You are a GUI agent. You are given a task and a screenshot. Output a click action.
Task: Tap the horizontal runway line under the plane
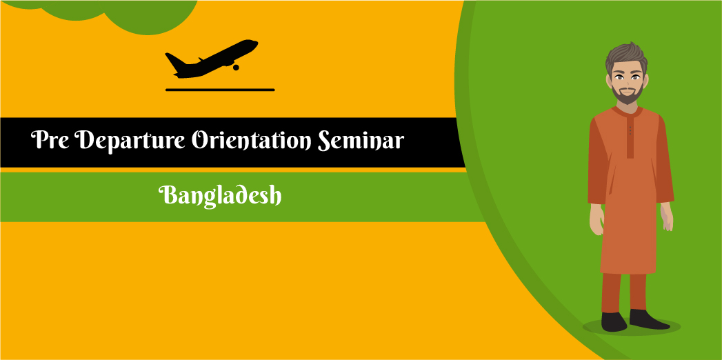coord(220,90)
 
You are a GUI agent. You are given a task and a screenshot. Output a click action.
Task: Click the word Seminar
coord(361,141)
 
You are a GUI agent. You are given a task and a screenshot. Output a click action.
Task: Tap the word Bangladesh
coord(221,195)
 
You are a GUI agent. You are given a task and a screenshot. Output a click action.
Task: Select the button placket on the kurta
coord(630,135)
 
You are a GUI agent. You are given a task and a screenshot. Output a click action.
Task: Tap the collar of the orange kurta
coord(628,110)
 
